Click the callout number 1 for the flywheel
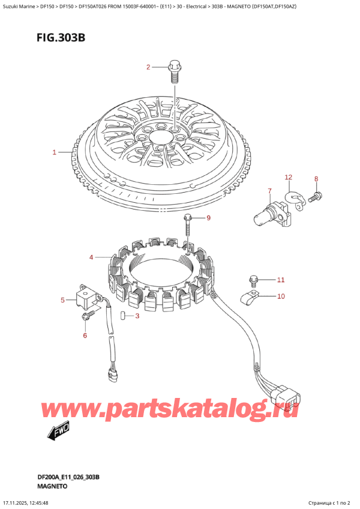[54, 152]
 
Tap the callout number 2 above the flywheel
[148, 67]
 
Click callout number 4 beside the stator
[91, 258]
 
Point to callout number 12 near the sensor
[288, 177]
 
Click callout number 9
[209, 218]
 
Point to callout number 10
[281, 296]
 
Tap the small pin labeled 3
[122, 316]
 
